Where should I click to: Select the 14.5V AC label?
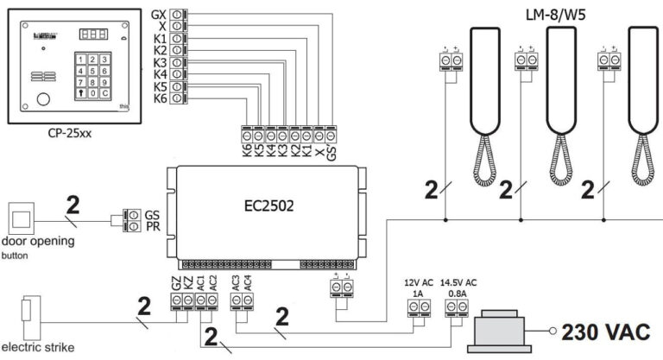pos(459,282)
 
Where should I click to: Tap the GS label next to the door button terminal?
pos(152,214)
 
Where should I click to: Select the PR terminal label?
pos(152,226)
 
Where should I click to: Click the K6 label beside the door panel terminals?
pos(159,99)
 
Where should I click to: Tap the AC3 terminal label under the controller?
pos(236,281)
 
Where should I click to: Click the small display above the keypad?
pos(90,35)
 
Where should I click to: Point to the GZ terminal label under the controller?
pos(176,281)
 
